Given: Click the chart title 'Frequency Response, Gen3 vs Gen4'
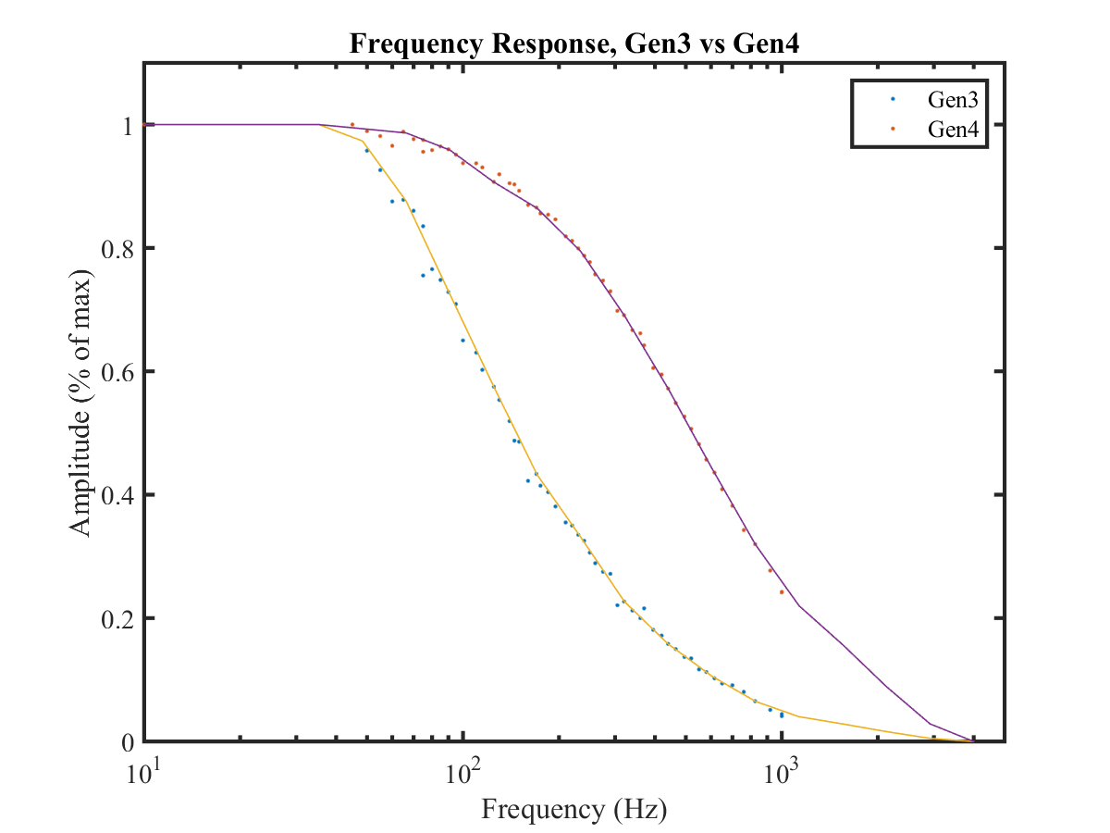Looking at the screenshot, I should pyautogui.click(x=573, y=44).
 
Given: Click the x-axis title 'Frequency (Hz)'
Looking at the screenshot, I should pyautogui.click(x=573, y=810).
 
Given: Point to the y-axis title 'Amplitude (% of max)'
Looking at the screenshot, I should pyautogui.click(x=81, y=403).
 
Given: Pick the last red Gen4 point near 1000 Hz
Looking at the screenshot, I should pyautogui.click(x=782, y=591).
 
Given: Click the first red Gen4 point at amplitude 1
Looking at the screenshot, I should pyautogui.click(x=352, y=124).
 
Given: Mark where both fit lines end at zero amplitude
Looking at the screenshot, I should pyautogui.click(x=971, y=740).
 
